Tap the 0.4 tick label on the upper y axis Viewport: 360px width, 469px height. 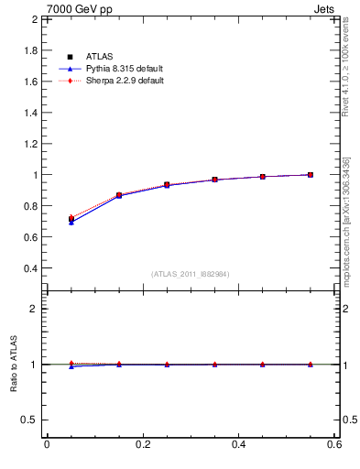click(x=31, y=268)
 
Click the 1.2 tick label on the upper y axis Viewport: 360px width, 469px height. click(x=31, y=144)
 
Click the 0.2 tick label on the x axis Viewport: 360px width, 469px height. click(x=142, y=444)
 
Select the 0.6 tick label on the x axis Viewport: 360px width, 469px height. click(x=334, y=444)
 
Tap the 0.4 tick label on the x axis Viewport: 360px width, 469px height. click(x=238, y=444)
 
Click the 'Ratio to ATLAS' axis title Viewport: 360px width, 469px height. click(x=14, y=365)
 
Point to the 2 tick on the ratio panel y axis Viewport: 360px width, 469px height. click(x=35, y=309)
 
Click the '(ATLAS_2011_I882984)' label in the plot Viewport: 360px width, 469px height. click(x=191, y=274)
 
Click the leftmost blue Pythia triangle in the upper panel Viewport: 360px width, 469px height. click(x=71, y=223)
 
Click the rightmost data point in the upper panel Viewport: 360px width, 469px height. click(x=311, y=175)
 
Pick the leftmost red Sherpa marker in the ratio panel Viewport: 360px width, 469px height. click(x=71, y=364)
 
